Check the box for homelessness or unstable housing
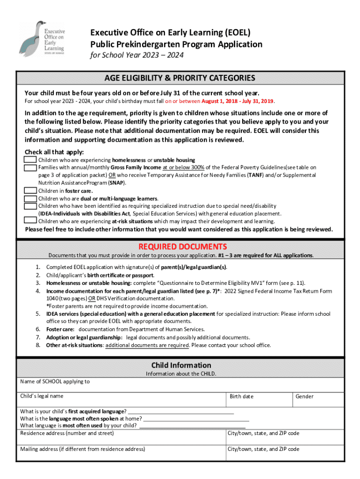tap(30, 160)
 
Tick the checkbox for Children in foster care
tap(30, 190)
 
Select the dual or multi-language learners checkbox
tap(30, 198)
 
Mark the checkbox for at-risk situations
tap(30, 221)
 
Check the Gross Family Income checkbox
tap(30, 167)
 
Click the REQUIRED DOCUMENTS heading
tap(183, 247)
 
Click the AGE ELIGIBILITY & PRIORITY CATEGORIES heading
tap(180, 78)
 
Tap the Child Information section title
tap(181, 365)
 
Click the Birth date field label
tap(241, 397)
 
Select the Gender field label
tap(304, 397)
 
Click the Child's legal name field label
tap(42, 396)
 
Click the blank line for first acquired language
tap(180, 412)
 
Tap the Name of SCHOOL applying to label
tap(55, 381)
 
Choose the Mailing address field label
tap(82, 449)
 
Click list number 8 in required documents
tap(38, 345)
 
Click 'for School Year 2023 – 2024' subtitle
tap(137, 55)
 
